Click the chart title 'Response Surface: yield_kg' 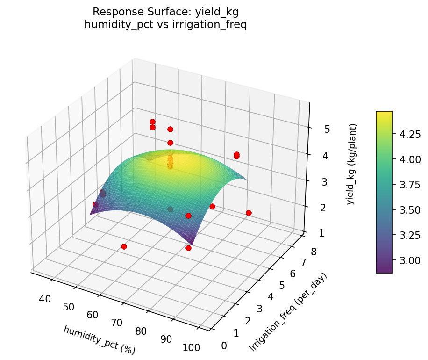pos(165,12)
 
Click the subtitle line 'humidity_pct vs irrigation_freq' pos(165,25)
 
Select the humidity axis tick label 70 pos(117,323)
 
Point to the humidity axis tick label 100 pos(192,347)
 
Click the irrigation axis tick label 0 pos(224,346)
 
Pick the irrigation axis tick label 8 pos(313,252)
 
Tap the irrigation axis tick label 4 pos(271,296)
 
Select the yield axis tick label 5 pos(327,129)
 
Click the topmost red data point pos(152,122)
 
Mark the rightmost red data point pos(249,213)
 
